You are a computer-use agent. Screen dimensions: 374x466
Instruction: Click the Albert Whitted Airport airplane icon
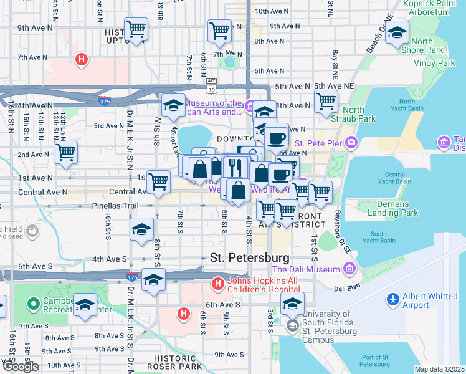coord(393,300)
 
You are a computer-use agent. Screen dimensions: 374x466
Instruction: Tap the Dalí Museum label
coord(306,269)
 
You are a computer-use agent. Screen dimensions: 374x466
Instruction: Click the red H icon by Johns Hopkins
coord(217,284)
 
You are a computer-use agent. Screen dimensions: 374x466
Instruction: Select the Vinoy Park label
coord(434,63)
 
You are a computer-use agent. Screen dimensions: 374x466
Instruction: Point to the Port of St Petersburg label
coord(381,361)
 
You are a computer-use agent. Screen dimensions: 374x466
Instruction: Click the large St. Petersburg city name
coord(249,257)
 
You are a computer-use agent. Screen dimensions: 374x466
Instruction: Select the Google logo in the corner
coord(20,367)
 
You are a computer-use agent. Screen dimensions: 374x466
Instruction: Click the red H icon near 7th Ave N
coord(80,60)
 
